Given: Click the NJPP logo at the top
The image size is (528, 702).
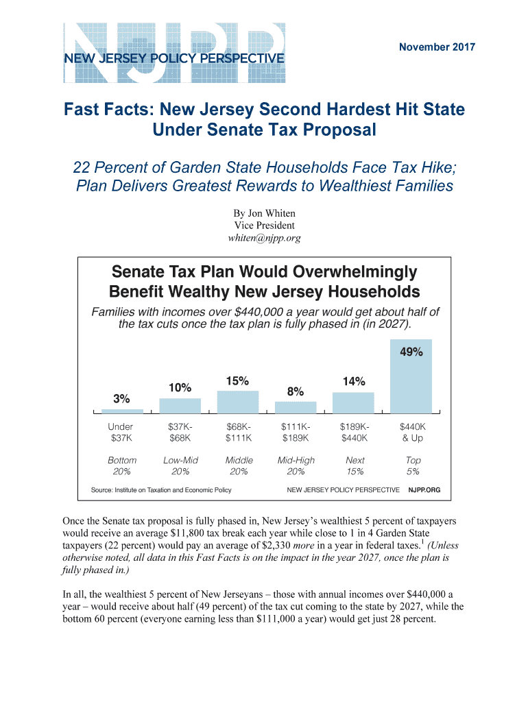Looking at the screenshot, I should (174, 45).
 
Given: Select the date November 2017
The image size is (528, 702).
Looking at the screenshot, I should (437, 47).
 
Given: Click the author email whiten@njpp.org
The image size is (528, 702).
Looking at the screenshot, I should (264, 238).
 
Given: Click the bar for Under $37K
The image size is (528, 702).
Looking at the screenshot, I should (122, 411).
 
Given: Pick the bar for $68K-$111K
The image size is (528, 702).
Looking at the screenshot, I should (238, 401).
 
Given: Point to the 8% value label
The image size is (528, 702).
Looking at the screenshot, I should (296, 391).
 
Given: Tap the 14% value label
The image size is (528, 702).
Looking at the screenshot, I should (354, 381).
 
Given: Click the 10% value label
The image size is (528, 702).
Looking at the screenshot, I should (180, 388).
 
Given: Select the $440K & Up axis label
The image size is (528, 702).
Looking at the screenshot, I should (413, 432).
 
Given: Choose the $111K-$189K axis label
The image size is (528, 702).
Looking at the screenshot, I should (296, 432).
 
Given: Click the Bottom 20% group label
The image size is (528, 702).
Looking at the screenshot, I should (122, 466).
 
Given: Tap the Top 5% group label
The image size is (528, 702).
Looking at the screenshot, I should (413, 466).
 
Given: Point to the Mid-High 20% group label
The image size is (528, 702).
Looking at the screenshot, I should (296, 466).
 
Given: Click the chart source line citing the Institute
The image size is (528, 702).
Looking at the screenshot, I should (161, 490).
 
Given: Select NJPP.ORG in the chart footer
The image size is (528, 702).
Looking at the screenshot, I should (424, 490).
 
